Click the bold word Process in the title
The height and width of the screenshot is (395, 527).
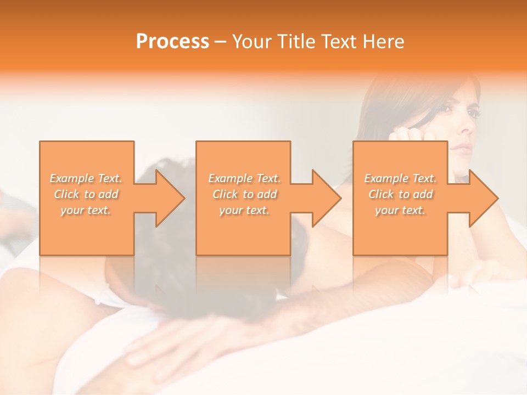pos(172,42)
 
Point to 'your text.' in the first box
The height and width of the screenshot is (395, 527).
pos(86,210)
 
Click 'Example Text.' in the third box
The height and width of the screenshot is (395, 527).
pos(400,178)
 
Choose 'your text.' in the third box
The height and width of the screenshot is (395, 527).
pos(400,210)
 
